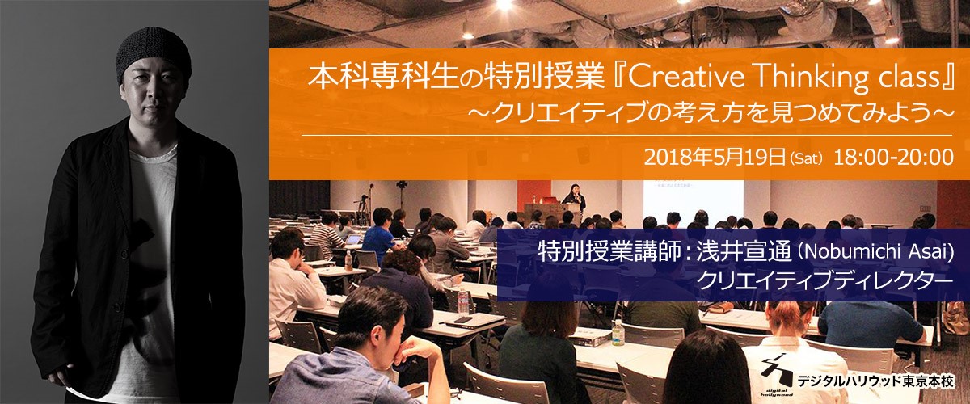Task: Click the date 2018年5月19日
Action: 714,158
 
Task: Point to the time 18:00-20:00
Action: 893,158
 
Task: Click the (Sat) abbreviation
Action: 806,159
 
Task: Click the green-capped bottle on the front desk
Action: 618,333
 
